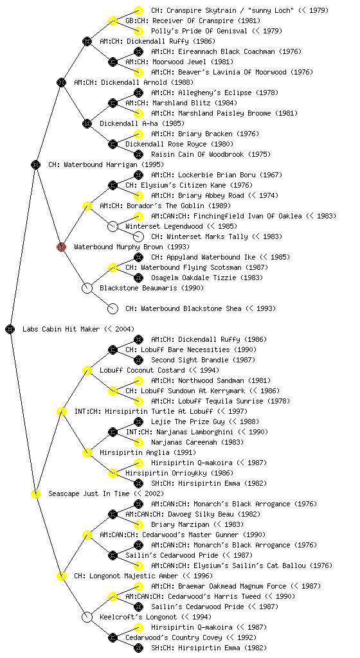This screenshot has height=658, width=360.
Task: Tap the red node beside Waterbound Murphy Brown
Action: pos(61,247)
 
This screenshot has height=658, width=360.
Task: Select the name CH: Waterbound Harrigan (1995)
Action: pos(106,165)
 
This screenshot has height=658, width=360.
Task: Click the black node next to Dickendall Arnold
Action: pos(61,82)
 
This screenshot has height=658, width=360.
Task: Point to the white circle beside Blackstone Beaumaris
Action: pos(87,288)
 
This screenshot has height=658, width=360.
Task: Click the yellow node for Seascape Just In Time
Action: pos(35,494)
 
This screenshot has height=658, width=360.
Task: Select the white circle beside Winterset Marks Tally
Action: pos(138,236)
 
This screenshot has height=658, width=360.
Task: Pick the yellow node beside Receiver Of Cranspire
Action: pos(113,21)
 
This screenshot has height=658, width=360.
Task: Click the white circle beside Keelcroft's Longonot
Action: pos(87,618)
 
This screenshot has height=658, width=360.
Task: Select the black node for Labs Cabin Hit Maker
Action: pos(10,330)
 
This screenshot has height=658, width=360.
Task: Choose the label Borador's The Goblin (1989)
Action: pos(152,206)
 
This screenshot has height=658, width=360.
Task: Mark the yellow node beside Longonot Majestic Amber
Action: pos(61,576)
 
